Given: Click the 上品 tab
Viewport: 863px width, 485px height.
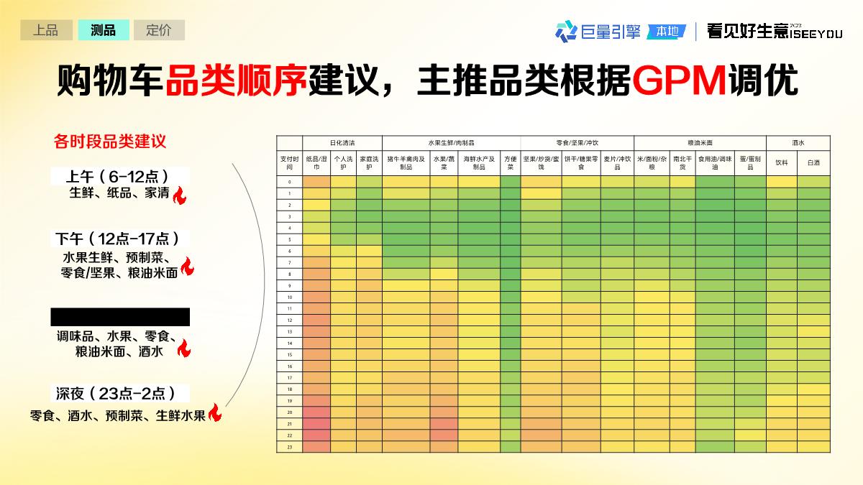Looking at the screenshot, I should pyautogui.click(x=45, y=30).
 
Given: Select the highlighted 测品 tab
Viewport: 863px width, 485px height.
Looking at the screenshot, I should pyautogui.click(x=103, y=30).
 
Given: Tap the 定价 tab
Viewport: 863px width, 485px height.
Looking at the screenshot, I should pyautogui.click(x=159, y=30).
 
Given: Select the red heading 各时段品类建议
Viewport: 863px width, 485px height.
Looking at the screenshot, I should pyautogui.click(x=110, y=141).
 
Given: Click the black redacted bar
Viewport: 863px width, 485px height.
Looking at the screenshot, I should pyautogui.click(x=120, y=317).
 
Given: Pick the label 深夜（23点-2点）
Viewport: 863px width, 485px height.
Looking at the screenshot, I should pyautogui.click(x=119, y=393).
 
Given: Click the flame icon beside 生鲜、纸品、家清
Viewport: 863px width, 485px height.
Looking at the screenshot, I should pyautogui.click(x=180, y=195).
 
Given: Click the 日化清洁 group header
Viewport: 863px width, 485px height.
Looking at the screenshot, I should pyautogui.click(x=342, y=143).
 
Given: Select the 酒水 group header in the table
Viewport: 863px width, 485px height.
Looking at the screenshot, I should pyautogui.click(x=798, y=143).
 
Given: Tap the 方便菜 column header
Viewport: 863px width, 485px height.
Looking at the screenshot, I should pyautogui.click(x=510, y=162).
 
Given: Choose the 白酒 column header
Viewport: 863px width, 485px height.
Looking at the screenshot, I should pyautogui.click(x=813, y=162).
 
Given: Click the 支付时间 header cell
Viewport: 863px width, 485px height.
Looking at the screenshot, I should pyautogui.click(x=289, y=162).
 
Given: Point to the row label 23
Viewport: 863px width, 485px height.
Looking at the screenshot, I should pyautogui.click(x=289, y=446).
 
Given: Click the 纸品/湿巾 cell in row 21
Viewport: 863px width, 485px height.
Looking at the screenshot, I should pyautogui.click(x=316, y=423).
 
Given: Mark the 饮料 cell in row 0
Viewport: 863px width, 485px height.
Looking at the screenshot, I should pyautogui.click(x=781, y=182).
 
